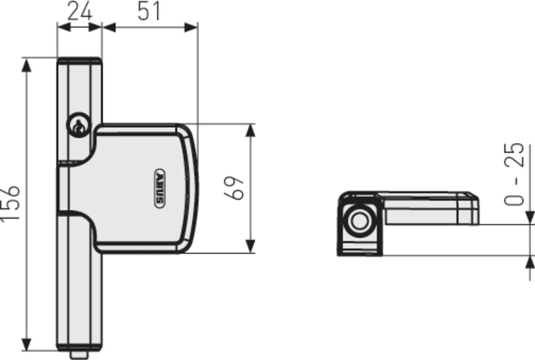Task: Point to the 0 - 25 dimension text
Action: coord(514,174)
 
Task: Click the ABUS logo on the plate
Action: coord(158,188)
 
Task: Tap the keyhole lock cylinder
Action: coord(78,127)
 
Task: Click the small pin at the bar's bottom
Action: coord(79,355)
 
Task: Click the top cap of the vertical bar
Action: coord(79,60)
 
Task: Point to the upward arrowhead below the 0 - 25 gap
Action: coord(530,263)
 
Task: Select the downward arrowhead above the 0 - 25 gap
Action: coord(530,217)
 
